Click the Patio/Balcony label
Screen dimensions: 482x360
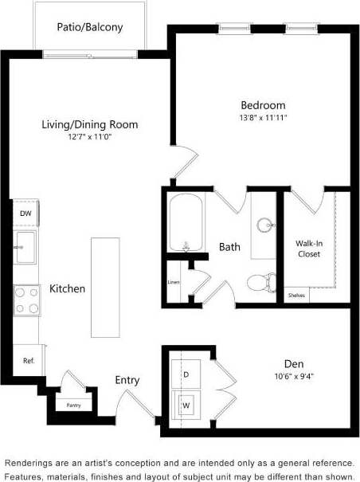(x=89, y=27)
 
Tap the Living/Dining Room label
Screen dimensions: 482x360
(x=90, y=124)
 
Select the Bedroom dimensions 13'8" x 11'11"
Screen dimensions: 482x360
(x=263, y=117)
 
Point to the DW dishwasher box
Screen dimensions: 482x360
(x=26, y=214)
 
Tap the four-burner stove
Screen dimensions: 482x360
(x=26, y=300)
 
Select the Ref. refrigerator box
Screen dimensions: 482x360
(x=28, y=361)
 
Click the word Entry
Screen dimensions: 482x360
(x=127, y=380)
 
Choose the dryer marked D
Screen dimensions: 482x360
(x=187, y=373)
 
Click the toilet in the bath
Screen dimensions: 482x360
(x=260, y=282)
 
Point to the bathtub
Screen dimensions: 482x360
(x=188, y=222)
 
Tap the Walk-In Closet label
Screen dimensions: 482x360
(x=308, y=249)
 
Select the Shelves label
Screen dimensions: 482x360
(x=296, y=296)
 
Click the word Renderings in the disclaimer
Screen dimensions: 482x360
(x=33, y=463)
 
